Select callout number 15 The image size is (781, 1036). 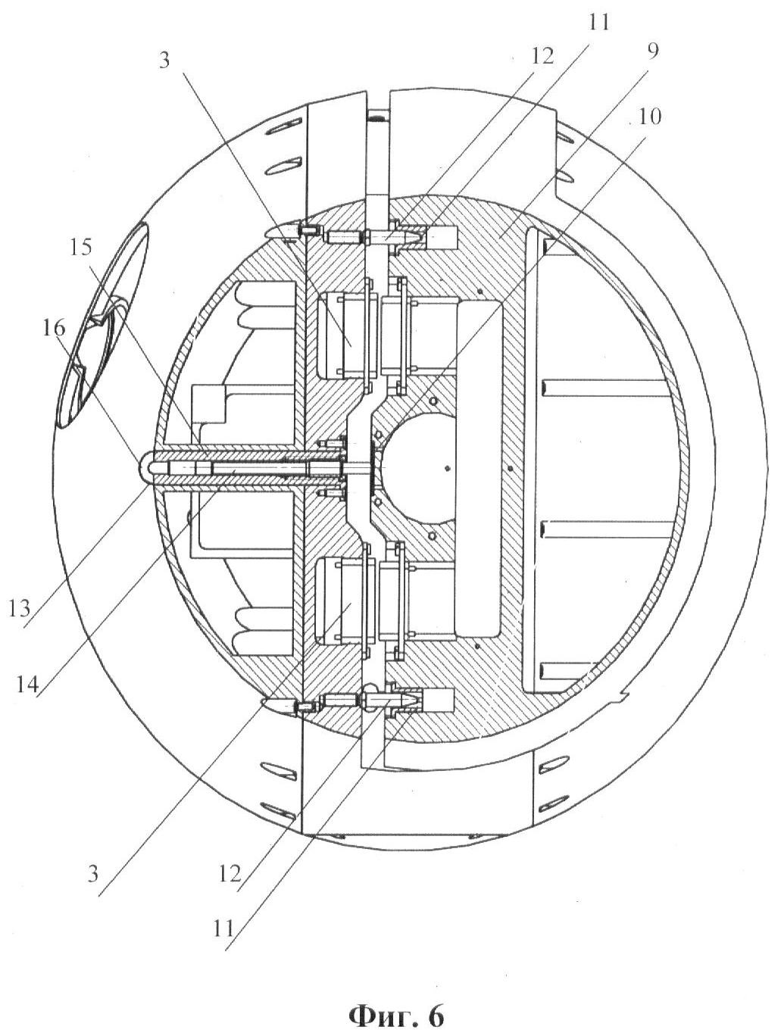coord(81,247)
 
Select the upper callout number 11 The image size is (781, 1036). coord(599,22)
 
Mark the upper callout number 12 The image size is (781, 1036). coord(542,57)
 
